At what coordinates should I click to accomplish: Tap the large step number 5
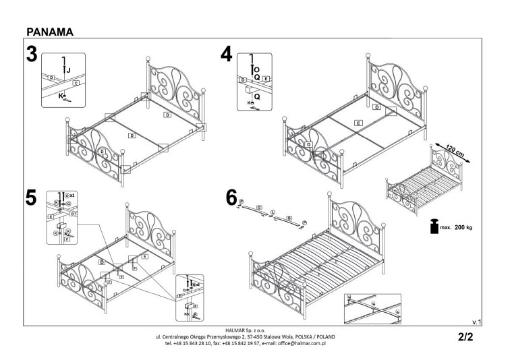pyautogui.click(x=31, y=198)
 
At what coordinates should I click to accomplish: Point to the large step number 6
pyautogui.click(x=231, y=198)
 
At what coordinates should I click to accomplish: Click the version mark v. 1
pyautogui.click(x=476, y=322)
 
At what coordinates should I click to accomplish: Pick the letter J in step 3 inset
pyautogui.click(x=68, y=69)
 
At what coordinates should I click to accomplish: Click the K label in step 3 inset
pyautogui.click(x=61, y=96)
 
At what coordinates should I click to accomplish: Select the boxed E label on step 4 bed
pyautogui.click(x=359, y=122)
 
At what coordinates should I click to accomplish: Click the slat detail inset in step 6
pyautogui.click(x=372, y=307)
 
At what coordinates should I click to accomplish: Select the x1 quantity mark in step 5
pyautogui.click(x=74, y=194)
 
